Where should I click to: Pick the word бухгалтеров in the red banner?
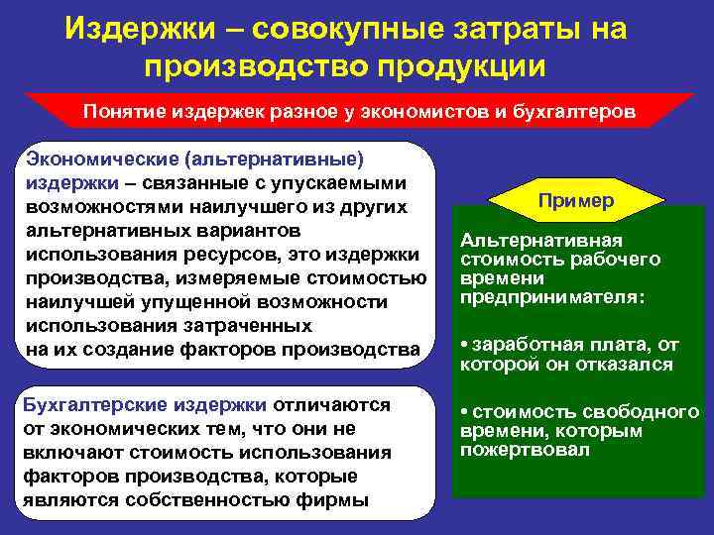click(x=571, y=111)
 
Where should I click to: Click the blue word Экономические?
click(x=101, y=159)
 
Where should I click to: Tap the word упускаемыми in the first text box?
click(x=338, y=182)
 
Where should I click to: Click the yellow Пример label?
click(x=575, y=201)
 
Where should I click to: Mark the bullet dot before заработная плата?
click(x=464, y=346)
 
